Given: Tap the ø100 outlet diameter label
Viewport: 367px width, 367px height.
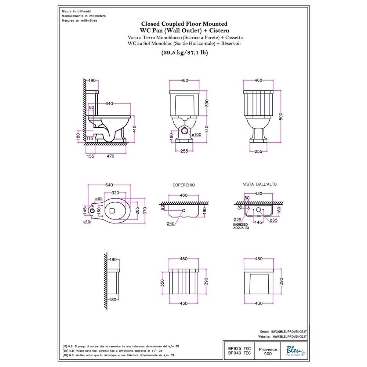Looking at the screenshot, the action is click(x=197, y=135).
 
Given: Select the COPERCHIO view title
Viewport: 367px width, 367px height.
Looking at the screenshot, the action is click(x=183, y=185).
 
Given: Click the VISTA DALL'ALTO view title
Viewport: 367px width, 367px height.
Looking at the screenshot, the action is click(x=257, y=185).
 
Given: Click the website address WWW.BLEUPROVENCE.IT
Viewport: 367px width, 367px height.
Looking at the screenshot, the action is click(x=290, y=336).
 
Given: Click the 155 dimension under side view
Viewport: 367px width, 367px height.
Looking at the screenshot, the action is click(x=90, y=156).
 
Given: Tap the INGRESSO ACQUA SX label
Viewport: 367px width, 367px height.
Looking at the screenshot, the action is click(x=241, y=226).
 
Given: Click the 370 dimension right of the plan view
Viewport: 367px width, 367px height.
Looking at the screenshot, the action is click(x=144, y=210).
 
